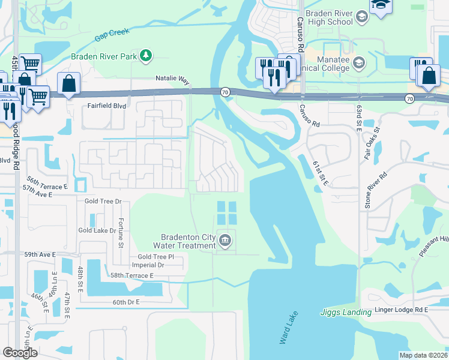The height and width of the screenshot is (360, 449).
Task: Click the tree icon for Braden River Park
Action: click(x=145, y=56)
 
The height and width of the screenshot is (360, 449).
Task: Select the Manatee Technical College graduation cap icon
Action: click(x=358, y=63)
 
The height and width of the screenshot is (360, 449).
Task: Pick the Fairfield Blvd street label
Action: click(x=106, y=104)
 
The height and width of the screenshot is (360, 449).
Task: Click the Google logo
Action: click(x=20, y=352)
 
